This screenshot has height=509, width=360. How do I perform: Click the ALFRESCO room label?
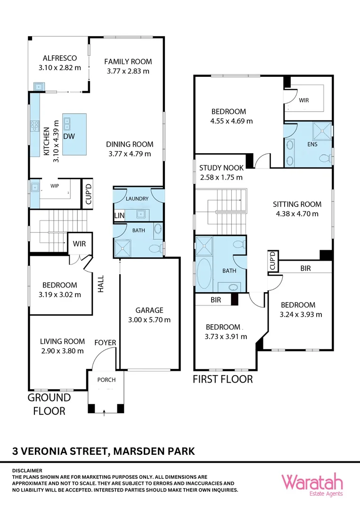(x=59, y=58)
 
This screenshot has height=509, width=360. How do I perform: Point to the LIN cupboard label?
(x=119, y=216)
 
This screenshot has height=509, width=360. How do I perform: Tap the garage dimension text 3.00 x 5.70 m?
(x=149, y=320)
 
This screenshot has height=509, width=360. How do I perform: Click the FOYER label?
(x=105, y=342)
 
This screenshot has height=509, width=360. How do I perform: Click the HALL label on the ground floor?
(x=100, y=284)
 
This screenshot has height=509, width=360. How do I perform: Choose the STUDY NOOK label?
(x=221, y=168)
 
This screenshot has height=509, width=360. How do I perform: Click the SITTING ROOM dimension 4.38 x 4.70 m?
(x=297, y=213)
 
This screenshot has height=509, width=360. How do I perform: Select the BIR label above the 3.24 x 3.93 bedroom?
(x=305, y=268)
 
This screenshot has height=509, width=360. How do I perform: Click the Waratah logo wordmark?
(x=312, y=482)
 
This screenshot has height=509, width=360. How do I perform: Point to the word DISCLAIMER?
(x=27, y=470)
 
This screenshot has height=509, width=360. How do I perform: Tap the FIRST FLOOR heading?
(x=222, y=379)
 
